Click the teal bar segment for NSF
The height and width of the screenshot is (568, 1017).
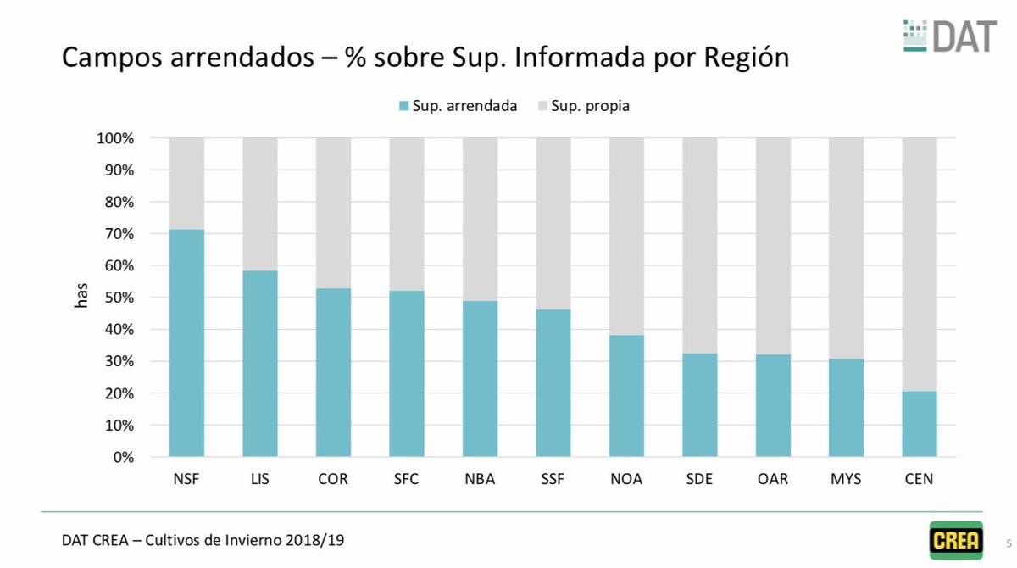pos(186,343)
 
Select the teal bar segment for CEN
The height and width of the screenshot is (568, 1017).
pos(919,424)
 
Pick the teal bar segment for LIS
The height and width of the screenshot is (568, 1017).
pos(259,364)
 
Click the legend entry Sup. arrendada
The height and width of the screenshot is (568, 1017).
pos(457,106)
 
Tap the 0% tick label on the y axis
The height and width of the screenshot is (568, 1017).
pos(122,457)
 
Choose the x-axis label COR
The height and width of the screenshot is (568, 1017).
pos(333,479)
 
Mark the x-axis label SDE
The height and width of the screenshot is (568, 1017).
pos(699,479)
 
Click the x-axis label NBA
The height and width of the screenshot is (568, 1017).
pos(480,479)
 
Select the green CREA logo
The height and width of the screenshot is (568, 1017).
pos(956,540)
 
